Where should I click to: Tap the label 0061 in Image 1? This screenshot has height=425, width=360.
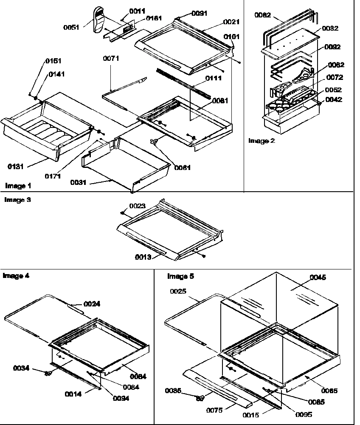click(x=182, y=168)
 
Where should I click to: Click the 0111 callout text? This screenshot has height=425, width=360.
click(x=214, y=79)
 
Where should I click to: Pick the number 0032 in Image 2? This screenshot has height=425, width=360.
click(x=330, y=28)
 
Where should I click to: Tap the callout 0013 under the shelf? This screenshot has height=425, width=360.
click(x=143, y=257)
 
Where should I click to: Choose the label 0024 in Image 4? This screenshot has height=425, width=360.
click(x=92, y=304)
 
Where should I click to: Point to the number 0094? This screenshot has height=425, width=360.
click(x=121, y=398)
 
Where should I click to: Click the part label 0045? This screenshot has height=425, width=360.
click(x=318, y=278)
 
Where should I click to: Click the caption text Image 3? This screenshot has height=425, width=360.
click(x=17, y=199)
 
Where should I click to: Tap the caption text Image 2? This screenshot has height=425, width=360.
click(x=262, y=141)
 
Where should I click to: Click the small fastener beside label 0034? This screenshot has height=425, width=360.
click(x=48, y=372)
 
